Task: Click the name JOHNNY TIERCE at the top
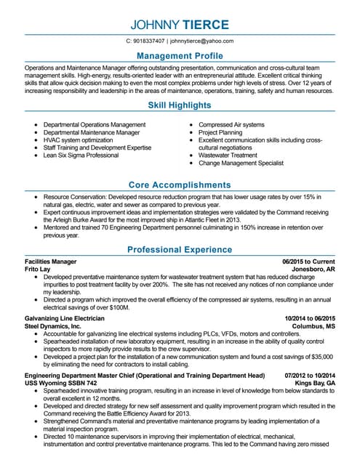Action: (x=180, y=25)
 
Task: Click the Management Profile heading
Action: (x=180, y=56)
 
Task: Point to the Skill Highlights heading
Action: (x=180, y=106)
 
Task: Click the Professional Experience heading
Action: (x=180, y=249)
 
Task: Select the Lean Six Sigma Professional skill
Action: (x=81, y=155)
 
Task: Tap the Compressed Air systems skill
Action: (x=231, y=124)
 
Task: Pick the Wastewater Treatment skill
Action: (x=228, y=155)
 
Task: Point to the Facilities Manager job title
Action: (x=50, y=261)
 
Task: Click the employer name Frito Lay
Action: (x=39, y=269)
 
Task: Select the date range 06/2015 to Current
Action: (x=308, y=261)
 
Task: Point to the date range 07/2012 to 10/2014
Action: (x=307, y=375)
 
